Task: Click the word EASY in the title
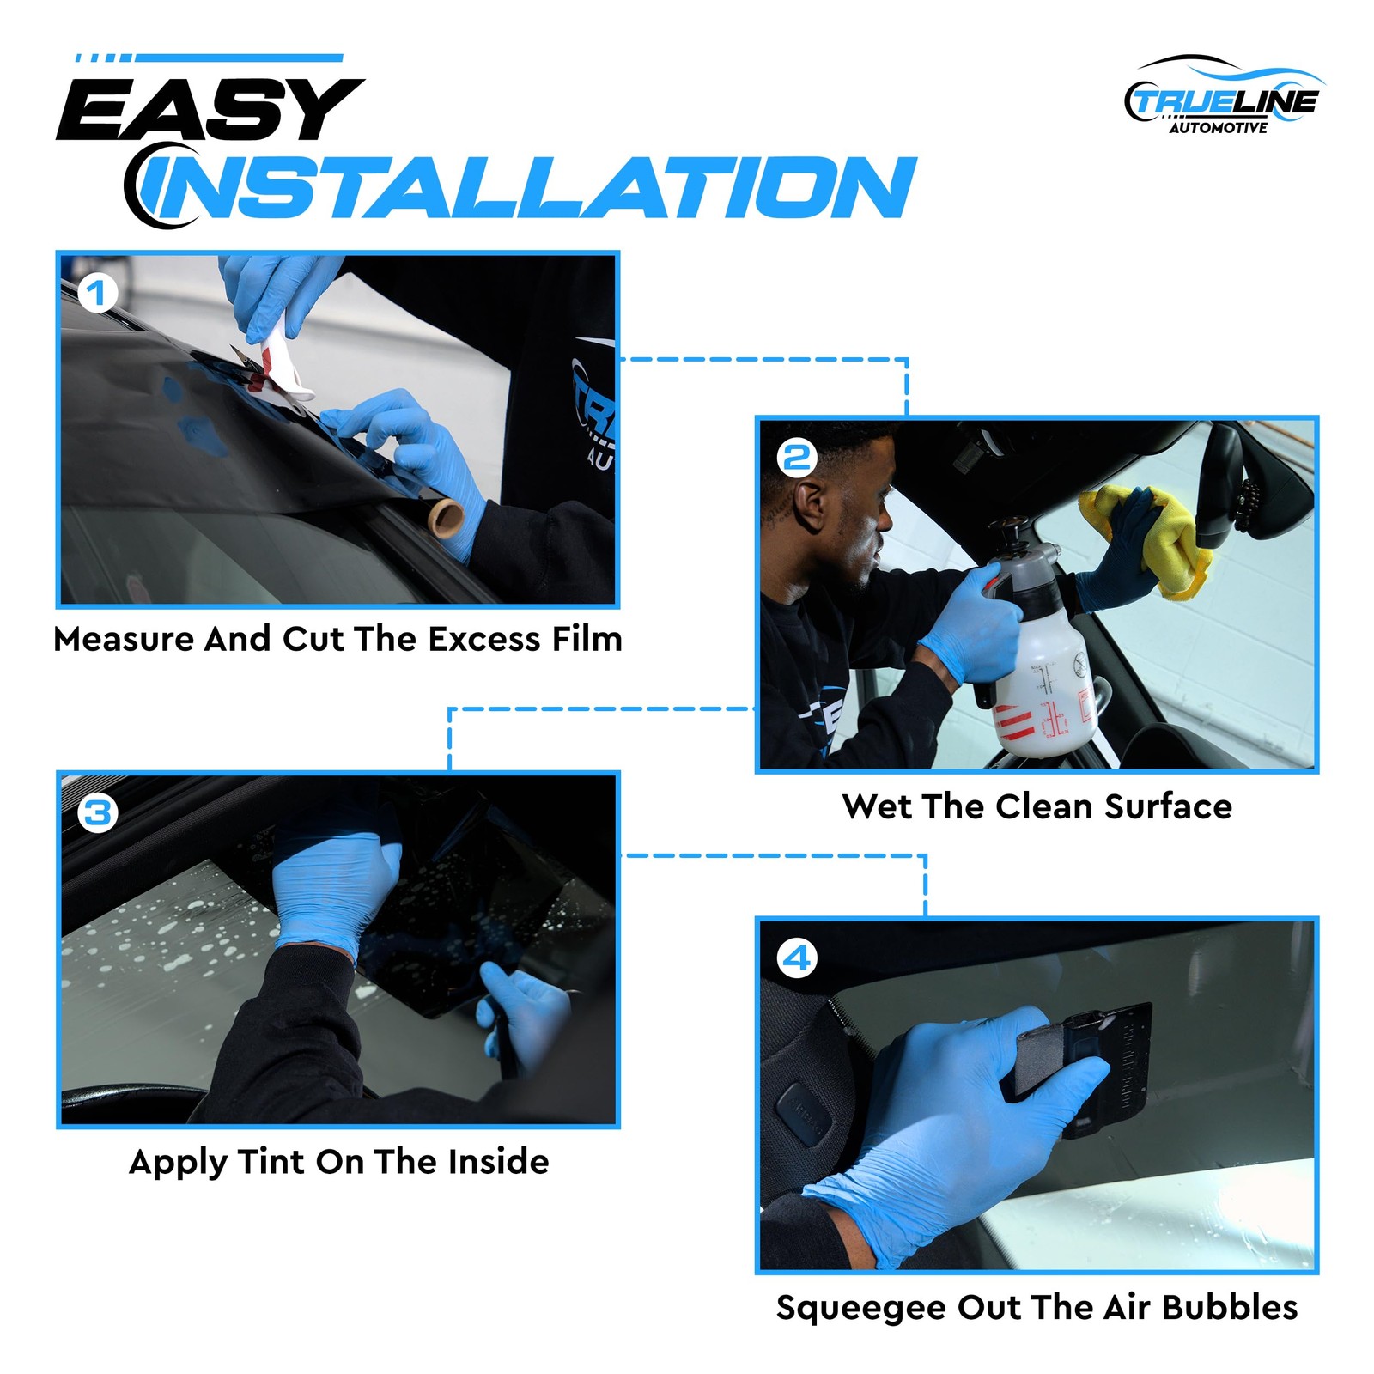coord(210,109)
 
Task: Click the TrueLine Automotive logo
coord(1225,96)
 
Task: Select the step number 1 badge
coord(96,293)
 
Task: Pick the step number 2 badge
coord(796,458)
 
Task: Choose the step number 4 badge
coord(796,958)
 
